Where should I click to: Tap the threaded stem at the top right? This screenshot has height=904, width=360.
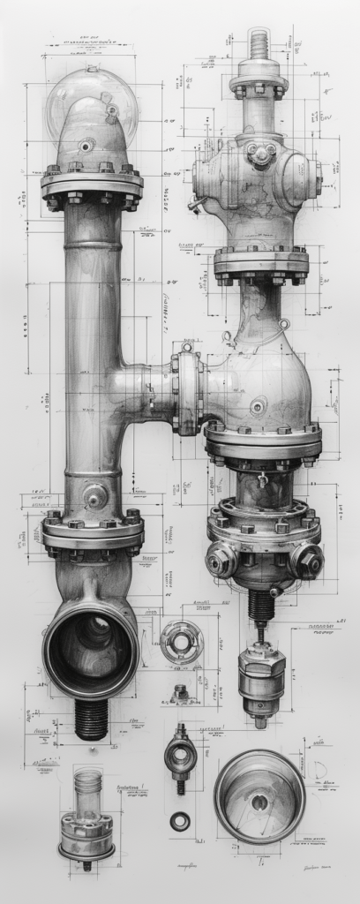pyautogui.click(x=259, y=44)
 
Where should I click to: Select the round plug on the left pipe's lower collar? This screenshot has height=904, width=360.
pyautogui.click(x=95, y=497)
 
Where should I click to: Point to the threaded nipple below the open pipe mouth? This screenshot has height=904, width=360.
pyautogui.click(x=91, y=719)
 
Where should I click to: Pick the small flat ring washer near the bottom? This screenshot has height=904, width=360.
pyautogui.click(x=180, y=821)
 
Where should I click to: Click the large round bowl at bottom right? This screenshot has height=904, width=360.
pyautogui.click(x=259, y=796)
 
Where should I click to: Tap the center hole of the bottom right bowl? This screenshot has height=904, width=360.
pyautogui.click(x=259, y=802)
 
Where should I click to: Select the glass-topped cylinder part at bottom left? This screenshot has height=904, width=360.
pyautogui.click(x=86, y=817)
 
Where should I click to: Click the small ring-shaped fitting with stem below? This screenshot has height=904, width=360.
pyautogui.click(x=180, y=757)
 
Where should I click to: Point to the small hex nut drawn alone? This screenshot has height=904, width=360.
pyautogui.click(x=180, y=694)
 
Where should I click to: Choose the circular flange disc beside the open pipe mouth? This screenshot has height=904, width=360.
pyautogui.click(x=182, y=642)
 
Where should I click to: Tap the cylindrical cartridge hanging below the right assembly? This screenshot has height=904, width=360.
pyautogui.click(x=261, y=676)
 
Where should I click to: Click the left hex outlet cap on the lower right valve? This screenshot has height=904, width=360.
pyautogui.click(x=221, y=560)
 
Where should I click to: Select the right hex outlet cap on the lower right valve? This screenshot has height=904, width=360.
pyautogui.click(x=306, y=561)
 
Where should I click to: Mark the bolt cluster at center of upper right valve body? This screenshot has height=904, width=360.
pyautogui.click(x=260, y=154)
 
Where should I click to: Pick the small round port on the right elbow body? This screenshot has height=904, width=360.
pyautogui.click(x=258, y=407)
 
